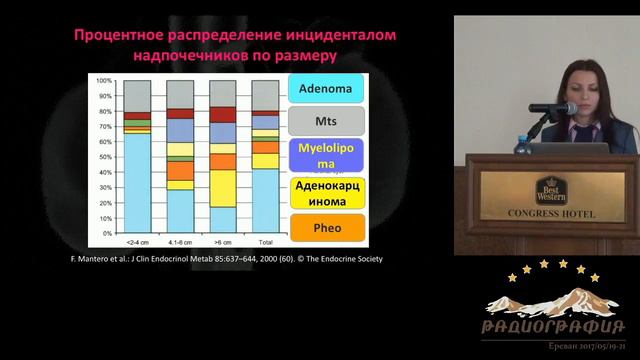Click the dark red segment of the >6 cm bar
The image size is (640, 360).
223,113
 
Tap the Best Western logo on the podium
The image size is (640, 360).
550,189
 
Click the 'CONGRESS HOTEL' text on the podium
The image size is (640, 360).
549,214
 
